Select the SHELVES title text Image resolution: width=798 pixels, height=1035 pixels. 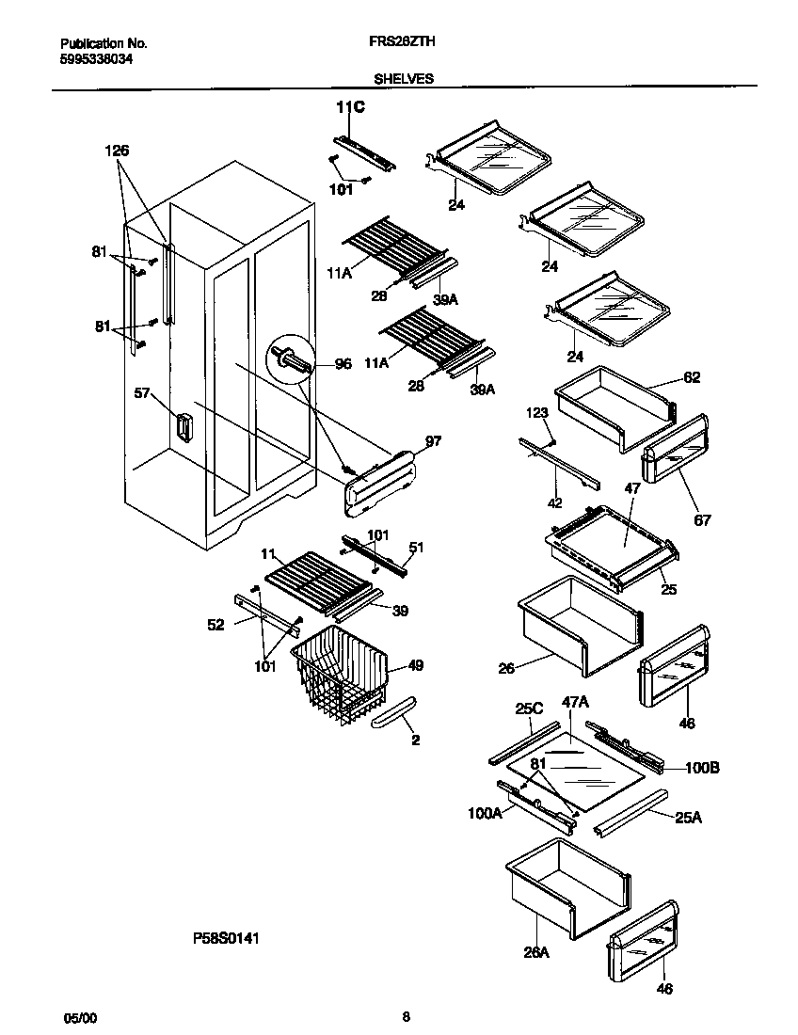point(407,79)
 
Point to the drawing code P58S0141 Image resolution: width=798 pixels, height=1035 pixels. point(226,938)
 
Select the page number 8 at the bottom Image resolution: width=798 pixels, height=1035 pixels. point(406,1016)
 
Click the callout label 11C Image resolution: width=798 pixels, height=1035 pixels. point(350,108)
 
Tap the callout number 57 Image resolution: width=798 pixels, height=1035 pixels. point(142,393)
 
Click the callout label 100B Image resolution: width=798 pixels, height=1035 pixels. point(702,768)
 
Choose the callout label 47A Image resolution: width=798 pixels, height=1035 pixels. point(575,727)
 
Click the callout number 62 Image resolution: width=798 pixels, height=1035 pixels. point(692,378)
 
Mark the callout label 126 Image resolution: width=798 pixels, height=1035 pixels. point(117,151)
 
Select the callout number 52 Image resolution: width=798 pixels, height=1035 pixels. point(216,624)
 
